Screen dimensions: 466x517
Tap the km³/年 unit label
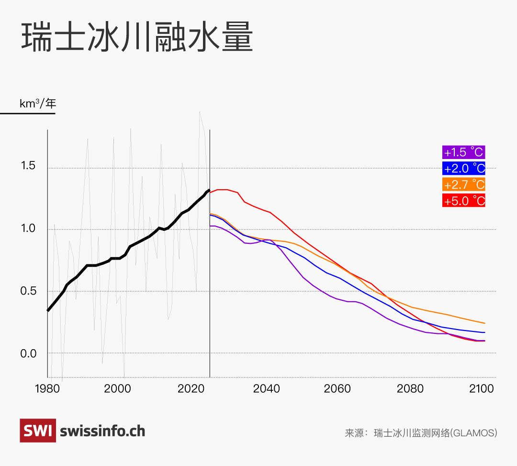point(37,103)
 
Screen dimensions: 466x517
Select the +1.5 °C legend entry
point(464,152)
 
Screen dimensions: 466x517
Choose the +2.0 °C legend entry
point(464,168)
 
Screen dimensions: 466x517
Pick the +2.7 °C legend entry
point(464,184)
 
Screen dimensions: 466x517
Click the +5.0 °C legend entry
point(464,201)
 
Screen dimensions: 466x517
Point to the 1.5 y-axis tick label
point(28,166)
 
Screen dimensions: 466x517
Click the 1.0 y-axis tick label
point(28,228)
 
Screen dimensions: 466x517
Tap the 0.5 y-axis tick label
point(28,291)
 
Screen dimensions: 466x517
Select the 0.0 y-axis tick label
point(28,353)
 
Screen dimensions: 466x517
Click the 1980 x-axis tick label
point(47,388)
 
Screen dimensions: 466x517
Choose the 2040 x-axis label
point(267,388)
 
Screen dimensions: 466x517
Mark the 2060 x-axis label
point(338,388)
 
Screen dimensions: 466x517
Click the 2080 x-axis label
point(410,388)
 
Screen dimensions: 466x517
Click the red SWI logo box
point(37,431)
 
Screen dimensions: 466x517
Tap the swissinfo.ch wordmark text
point(102,431)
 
